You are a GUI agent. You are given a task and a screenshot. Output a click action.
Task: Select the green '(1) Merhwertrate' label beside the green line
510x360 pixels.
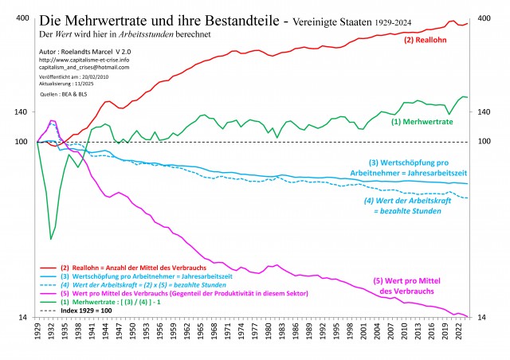pyautogui.click(x=422, y=122)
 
